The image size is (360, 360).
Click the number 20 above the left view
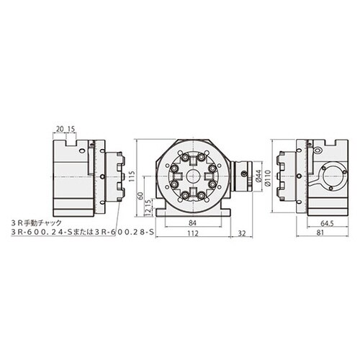point(57,130)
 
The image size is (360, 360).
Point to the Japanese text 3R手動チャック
point(42,224)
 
